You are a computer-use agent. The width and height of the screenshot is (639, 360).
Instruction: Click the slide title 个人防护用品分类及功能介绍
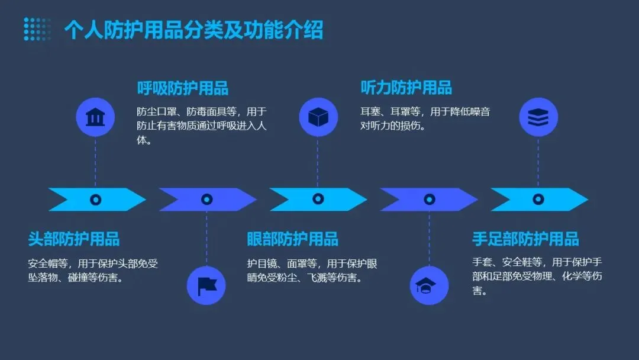click(193, 30)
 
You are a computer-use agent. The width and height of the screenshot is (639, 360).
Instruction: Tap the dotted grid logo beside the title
click(37, 29)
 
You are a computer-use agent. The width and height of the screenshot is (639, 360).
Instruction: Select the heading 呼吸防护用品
click(182, 88)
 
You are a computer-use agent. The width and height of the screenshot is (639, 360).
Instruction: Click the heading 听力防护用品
click(406, 88)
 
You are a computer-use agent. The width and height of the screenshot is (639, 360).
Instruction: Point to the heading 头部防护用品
click(74, 239)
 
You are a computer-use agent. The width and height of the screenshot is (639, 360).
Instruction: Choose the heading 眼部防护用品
click(292, 239)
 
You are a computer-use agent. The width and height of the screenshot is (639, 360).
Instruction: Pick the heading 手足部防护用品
click(525, 239)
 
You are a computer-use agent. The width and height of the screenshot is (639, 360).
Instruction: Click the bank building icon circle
click(95, 117)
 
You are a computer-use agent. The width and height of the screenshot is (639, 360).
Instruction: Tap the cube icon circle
click(318, 117)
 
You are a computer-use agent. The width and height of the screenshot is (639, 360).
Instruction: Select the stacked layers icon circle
click(538, 117)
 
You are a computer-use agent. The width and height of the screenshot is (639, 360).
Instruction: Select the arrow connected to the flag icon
click(206, 200)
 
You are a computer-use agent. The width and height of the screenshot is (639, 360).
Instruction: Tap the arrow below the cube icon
click(318, 200)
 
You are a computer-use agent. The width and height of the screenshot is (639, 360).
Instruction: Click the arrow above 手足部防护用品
click(538, 200)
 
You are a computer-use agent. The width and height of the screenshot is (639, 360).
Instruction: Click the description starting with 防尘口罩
click(201, 126)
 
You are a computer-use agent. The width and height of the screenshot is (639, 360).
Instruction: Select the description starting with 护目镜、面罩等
click(312, 271)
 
